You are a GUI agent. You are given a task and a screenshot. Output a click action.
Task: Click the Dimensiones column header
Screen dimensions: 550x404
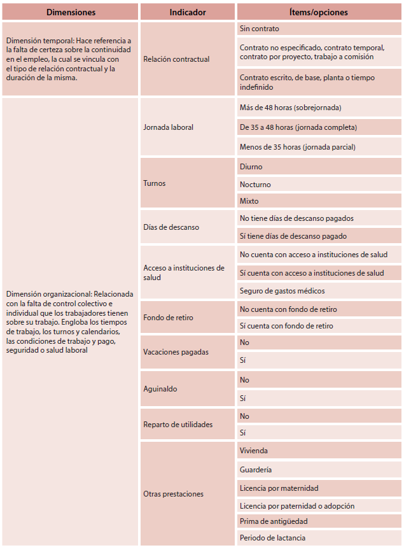tap(70, 12)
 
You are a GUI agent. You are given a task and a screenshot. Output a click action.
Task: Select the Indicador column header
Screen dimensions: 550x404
tap(188, 12)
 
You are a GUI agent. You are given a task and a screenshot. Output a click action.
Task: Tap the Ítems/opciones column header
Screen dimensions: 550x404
tap(319, 12)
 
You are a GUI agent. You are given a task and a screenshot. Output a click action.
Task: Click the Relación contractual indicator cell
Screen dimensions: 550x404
tap(176, 59)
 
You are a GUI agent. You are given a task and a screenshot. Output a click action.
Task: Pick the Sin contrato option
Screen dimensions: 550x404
tap(260, 29)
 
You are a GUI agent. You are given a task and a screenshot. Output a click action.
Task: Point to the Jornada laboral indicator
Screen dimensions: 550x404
tap(169, 127)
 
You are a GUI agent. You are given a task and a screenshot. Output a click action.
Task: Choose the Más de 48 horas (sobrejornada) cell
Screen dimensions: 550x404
tap(290, 108)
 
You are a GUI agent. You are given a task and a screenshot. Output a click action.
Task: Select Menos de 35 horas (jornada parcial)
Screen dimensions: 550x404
tap(297, 147)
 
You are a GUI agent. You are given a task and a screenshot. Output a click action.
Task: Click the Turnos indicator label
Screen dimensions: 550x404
tap(155, 183)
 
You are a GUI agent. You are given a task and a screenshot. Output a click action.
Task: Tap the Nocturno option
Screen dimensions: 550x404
tap(255, 185)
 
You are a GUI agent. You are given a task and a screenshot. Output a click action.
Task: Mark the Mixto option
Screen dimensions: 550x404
tap(249, 201)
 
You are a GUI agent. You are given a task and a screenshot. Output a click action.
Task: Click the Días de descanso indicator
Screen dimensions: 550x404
tap(171, 227)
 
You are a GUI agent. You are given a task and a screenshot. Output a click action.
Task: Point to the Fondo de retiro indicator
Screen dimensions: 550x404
tap(169, 317)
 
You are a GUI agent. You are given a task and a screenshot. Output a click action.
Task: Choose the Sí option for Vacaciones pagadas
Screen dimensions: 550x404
tap(244, 360)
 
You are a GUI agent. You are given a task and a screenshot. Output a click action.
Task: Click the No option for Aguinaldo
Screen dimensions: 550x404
tap(244, 379)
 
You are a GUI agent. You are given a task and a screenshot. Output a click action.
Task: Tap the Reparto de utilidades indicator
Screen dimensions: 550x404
tap(178, 424)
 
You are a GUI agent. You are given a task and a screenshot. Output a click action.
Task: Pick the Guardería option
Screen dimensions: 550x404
tap(256, 470)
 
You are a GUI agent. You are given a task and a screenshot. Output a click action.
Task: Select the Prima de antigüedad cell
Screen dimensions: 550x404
tap(274, 521)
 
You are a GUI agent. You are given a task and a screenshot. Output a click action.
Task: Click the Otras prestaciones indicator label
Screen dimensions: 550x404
tap(174, 493)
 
